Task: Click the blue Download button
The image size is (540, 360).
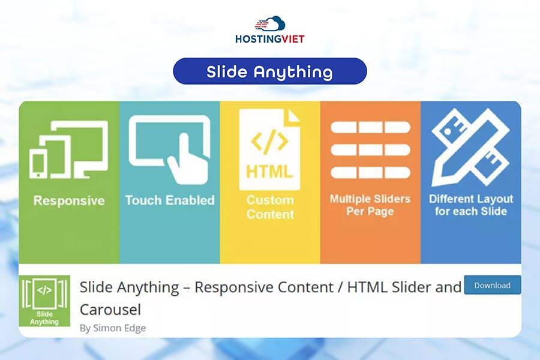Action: [492, 286]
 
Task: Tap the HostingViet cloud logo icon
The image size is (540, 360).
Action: [270, 25]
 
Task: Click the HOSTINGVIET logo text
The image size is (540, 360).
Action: [270, 39]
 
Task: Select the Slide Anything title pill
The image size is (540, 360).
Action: [269, 71]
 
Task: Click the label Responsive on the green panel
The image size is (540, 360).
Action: [69, 200]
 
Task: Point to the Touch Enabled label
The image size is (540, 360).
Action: [169, 200]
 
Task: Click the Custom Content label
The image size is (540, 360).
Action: [270, 207]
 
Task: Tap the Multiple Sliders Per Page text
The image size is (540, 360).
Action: [370, 205]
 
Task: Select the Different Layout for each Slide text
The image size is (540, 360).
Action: [471, 205]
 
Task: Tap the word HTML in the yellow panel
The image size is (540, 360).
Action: [269, 171]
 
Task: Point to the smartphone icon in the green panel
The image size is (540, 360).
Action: [39, 163]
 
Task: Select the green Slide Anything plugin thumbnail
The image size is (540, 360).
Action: [45, 300]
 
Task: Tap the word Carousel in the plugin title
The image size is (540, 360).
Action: [110, 309]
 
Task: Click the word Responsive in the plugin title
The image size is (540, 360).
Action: [235, 287]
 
